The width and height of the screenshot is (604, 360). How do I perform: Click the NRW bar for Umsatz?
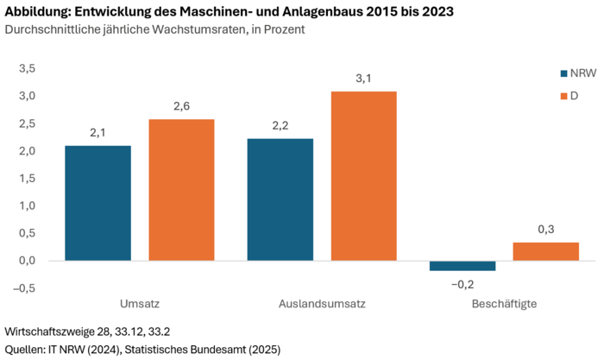click(98, 203)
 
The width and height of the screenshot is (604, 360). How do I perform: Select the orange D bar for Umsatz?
click(181, 189)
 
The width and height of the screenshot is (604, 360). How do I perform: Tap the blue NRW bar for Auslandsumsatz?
click(280, 199)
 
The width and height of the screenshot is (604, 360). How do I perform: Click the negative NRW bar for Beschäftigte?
click(462, 266)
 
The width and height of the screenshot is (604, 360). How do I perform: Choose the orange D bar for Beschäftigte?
click(545, 251)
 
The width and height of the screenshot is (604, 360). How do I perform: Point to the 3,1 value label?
click(363, 79)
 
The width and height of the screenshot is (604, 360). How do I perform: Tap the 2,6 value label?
click(181, 106)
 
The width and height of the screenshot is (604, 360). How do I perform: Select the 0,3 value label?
click(545, 229)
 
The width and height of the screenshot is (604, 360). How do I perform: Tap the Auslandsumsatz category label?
click(321, 305)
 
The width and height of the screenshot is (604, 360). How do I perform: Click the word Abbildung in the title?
click(40, 12)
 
